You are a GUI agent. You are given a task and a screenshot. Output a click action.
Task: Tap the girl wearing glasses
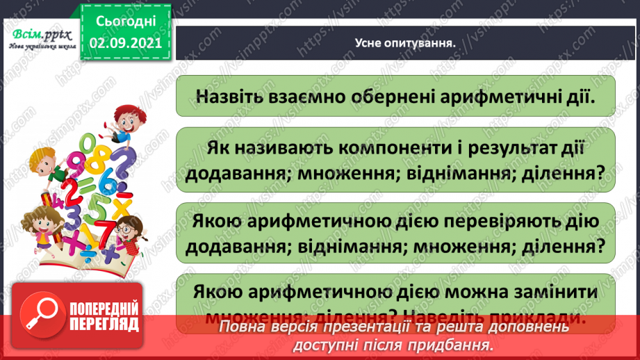(127, 229)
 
